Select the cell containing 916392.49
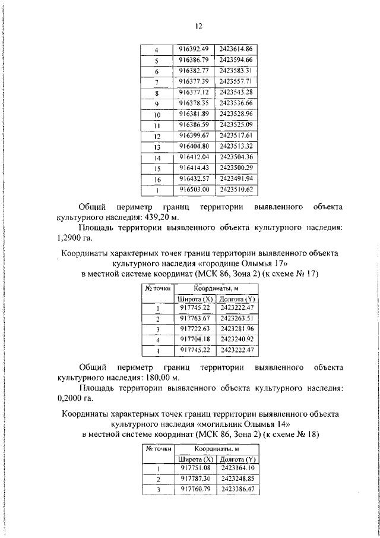coord(195,49)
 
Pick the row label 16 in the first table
coord(157,179)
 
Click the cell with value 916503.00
coord(195,190)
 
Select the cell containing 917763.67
coord(195,318)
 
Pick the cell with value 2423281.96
coord(236,329)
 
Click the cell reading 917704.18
coord(195,339)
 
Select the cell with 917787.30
coord(195,478)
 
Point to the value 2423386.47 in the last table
coord(236,489)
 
